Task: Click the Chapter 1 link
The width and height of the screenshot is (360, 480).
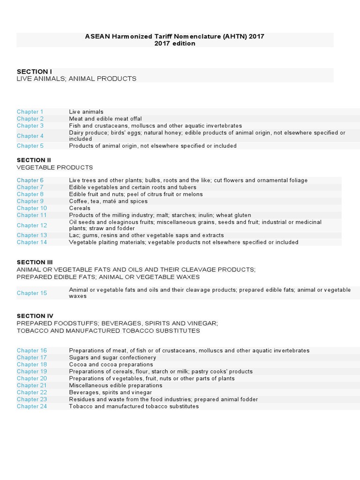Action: click(x=30, y=112)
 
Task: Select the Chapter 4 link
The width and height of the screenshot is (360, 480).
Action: click(x=30, y=136)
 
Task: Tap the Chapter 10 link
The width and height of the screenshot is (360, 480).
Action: click(x=32, y=208)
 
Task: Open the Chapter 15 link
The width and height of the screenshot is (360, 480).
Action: click(x=32, y=293)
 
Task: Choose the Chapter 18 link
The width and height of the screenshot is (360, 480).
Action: click(x=32, y=364)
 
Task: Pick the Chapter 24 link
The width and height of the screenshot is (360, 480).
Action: click(x=32, y=406)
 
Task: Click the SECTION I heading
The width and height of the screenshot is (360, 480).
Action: click(x=34, y=72)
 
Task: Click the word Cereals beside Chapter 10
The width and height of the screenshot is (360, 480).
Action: click(x=80, y=208)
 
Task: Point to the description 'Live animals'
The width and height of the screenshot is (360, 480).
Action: click(x=86, y=112)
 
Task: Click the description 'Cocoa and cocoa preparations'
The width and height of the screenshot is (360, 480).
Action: click(x=111, y=364)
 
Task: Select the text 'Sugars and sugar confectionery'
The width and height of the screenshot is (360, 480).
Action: click(x=112, y=357)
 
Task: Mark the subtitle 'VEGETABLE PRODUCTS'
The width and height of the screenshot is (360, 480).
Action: click(x=55, y=167)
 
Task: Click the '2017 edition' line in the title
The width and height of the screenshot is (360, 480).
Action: click(x=175, y=44)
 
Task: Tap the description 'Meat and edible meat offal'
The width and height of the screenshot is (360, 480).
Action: click(x=105, y=119)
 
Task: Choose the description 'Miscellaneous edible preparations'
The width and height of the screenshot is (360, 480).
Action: click(x=116, y=385)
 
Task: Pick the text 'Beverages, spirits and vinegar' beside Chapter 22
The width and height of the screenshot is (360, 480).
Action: click(x=111, y=392)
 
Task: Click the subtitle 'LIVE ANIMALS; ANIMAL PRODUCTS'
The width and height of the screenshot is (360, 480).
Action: click(x=76, y=79)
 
